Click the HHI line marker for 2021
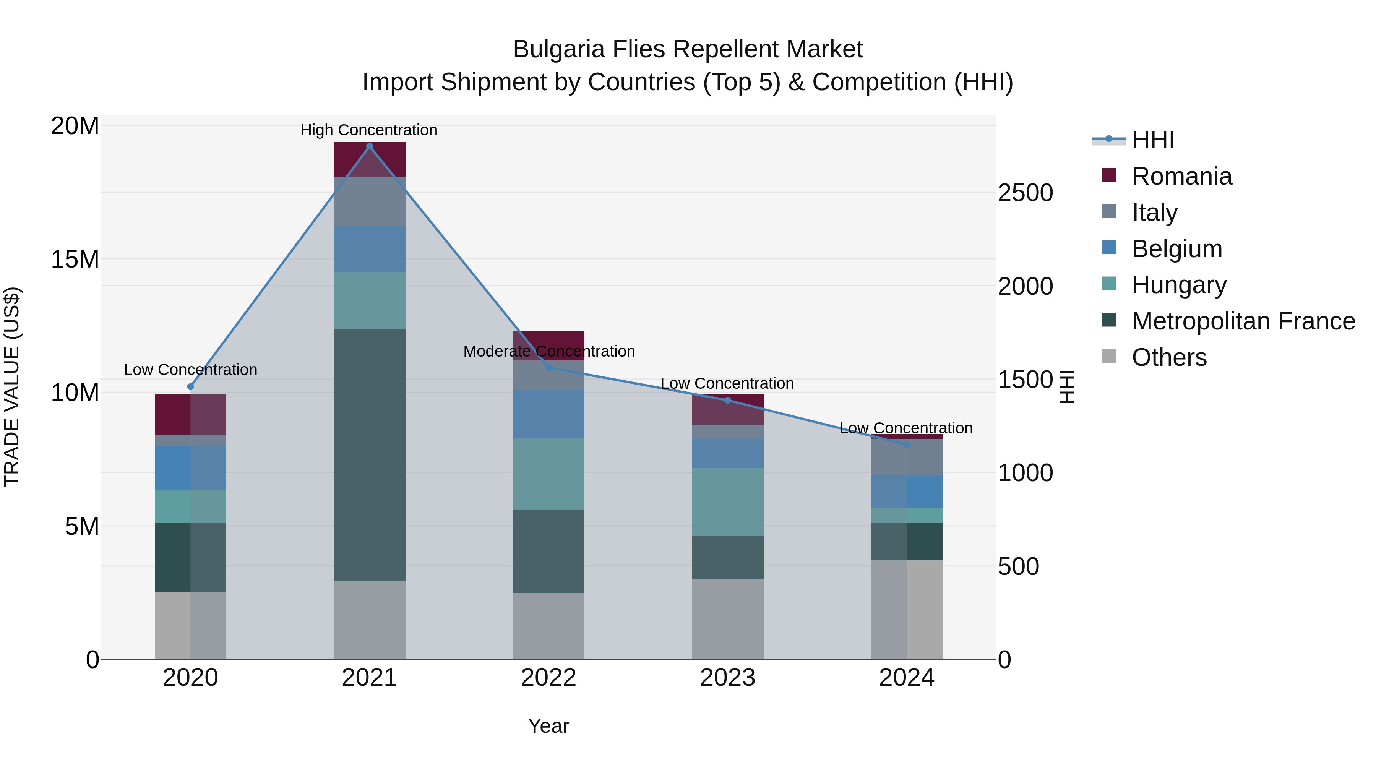click(x=369, y=146)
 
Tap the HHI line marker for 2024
click(x=907, y=445)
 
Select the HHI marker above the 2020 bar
click(x=191, y=387)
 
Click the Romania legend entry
click(x=1181, y=176)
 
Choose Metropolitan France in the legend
click(x=1243, y=321)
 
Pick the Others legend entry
click(x=1169, y=357)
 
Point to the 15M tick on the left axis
click(x=75, y=260)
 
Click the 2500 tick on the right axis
click(x=1025, y=193)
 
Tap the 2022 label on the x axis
click(x=548, y=678)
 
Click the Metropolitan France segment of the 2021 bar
click(x=369, y=454)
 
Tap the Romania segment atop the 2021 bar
click(x=369, y=159)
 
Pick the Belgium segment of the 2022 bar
click(x=548, y=414)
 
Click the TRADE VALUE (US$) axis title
click(x=12, y=387)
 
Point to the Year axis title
click(x=548, y=726)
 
